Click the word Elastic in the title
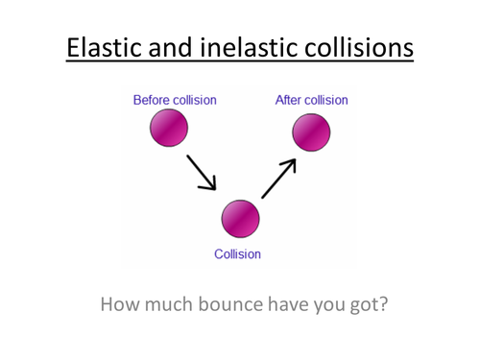click(x=104, y=47)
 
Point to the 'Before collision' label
click(x=175, y=100)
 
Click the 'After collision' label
click(x=311, y=100)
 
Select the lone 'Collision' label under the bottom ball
click(x=237, y=254)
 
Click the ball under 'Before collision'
click(x=169, y=128)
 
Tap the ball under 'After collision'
click(x=311, y=132)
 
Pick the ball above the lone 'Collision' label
click(x=240, y=219)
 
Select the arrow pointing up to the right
click(x=279, y=179)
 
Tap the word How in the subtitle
click(x=120, y=305)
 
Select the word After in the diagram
click(x=289, y=100)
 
